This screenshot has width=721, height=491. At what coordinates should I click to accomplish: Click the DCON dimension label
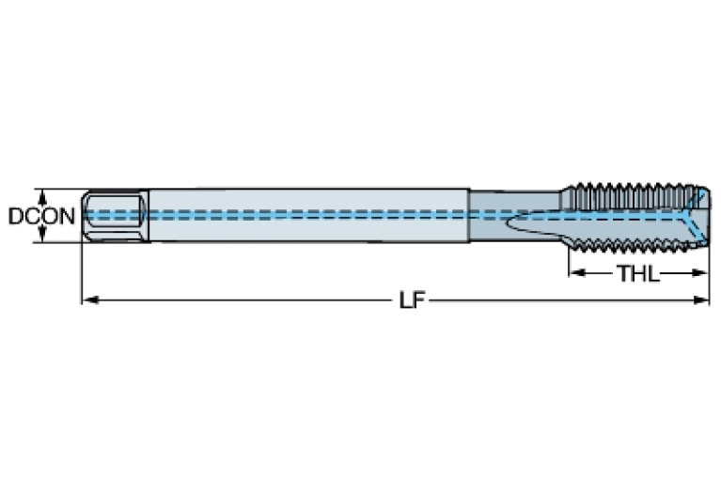(x=41, y=216)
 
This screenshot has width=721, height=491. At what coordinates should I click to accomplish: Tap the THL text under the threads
(x=637, y=274)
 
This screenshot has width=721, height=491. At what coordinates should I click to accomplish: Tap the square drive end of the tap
(x=113, y=215)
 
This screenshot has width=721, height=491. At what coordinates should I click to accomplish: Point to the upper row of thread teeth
(x=630, y=187)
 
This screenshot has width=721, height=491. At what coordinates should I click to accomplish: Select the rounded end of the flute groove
(x=513, y=226)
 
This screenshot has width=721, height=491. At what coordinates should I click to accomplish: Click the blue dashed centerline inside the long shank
(x=310, y=215)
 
